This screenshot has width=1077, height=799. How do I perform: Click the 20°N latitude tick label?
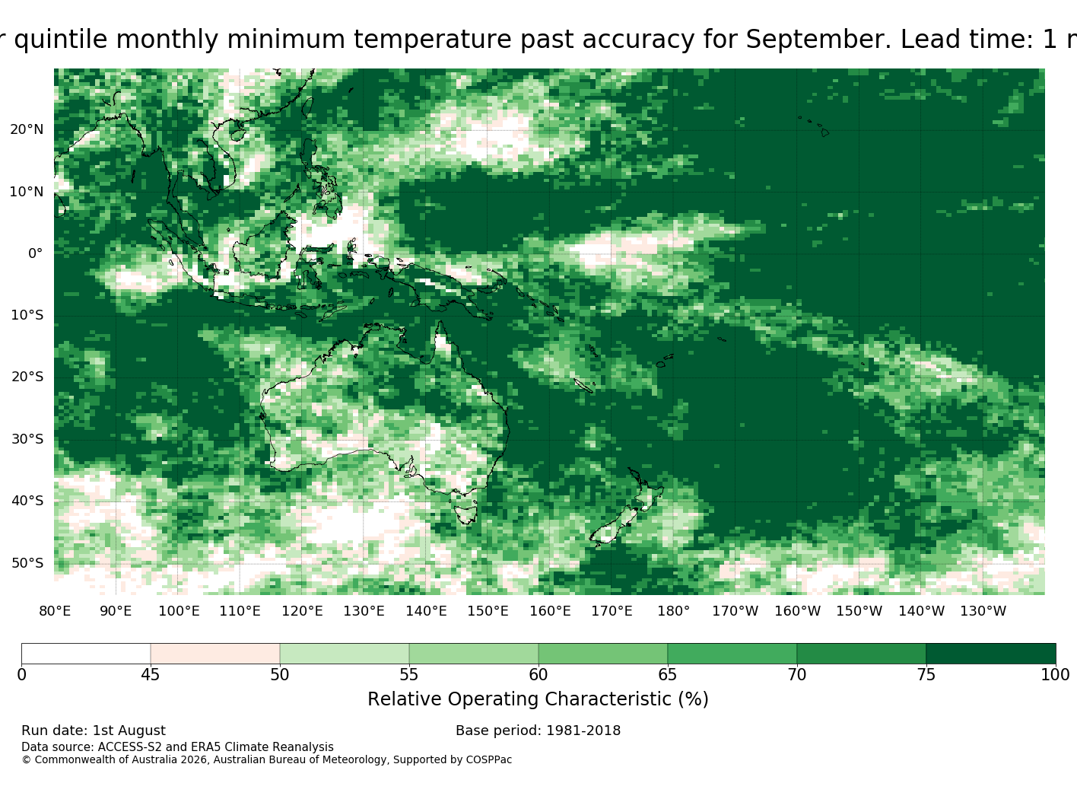pos(27,129)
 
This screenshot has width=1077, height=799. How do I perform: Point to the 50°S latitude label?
pos(27,563)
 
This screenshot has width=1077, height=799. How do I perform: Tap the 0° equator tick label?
pos(36,253)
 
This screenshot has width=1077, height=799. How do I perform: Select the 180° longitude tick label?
pos(673,611)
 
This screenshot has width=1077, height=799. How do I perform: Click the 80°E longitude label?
pos(55,611)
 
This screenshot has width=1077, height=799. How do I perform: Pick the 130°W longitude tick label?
pos(983,611)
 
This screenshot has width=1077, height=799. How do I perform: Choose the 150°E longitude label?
pos(488,611)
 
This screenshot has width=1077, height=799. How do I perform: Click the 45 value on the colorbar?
pos(151,674)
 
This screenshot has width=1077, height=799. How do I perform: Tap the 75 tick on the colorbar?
pos(926,674)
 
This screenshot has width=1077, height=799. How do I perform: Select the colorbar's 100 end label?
pos(1055,674)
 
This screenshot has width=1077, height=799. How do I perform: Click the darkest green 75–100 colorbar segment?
pos(991,654)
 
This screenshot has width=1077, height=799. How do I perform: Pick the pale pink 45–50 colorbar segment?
pos(215,654)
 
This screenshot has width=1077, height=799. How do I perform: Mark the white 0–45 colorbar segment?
pos(86,654)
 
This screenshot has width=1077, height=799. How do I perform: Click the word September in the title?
pos(818,40)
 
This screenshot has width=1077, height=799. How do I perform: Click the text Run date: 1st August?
pos(94,731)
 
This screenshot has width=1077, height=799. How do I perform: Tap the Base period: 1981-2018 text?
pos(538,731)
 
